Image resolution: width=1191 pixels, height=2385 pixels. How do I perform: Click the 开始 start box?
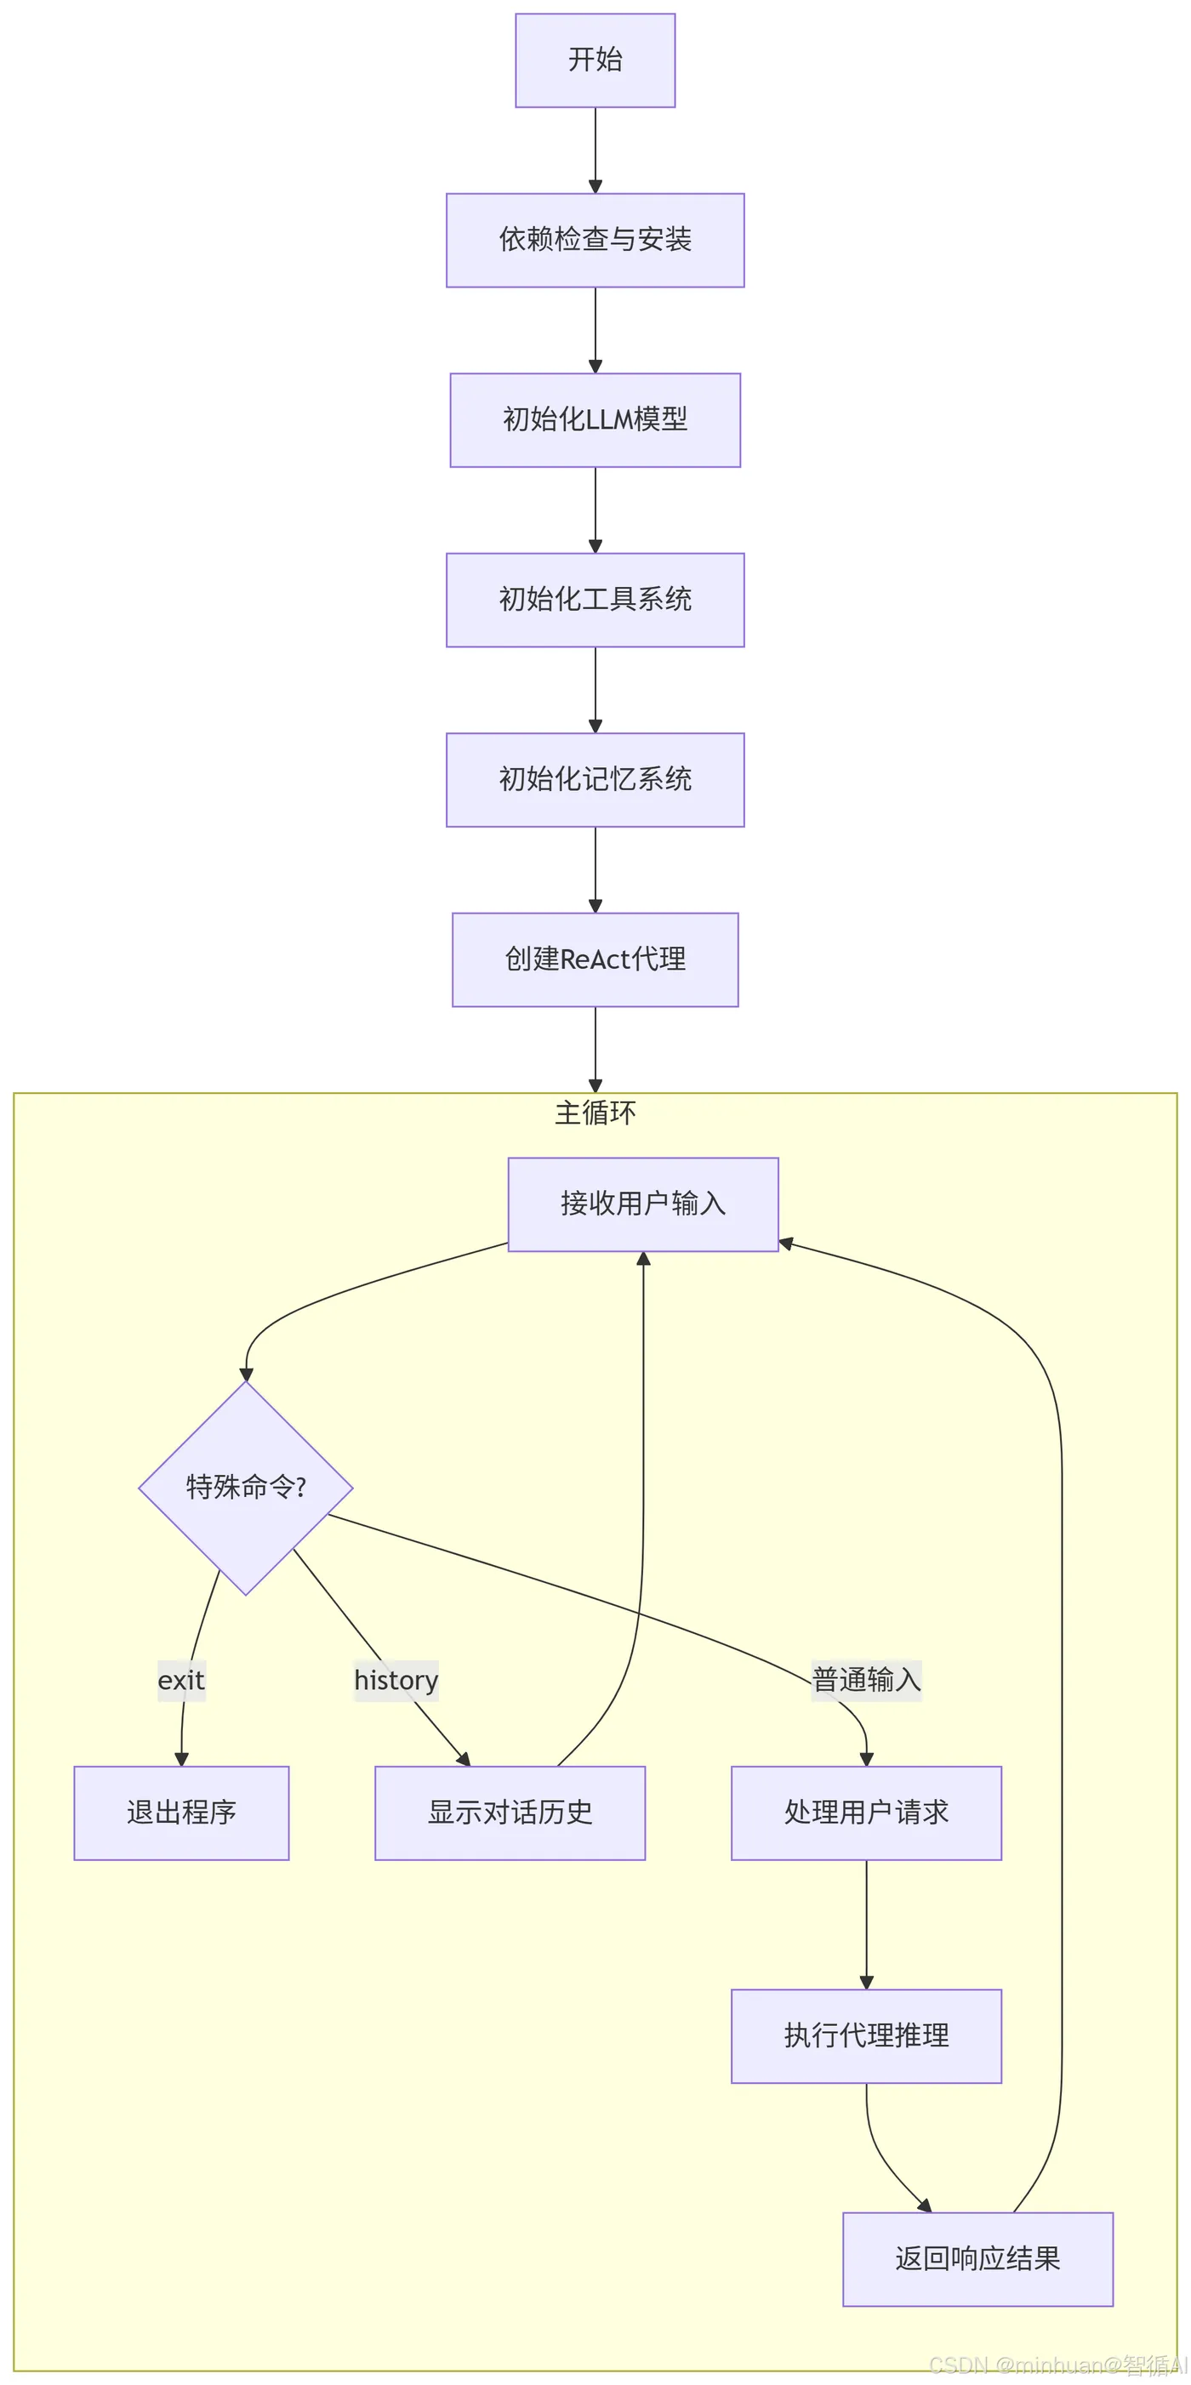coord(595,60)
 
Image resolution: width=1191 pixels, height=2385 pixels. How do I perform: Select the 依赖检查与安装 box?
coord(595,240)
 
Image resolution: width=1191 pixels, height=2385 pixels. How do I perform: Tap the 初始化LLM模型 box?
coord(595,419)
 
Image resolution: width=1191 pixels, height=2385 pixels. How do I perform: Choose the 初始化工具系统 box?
coord(595,600)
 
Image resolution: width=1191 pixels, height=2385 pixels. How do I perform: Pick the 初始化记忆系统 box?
coord(595,780)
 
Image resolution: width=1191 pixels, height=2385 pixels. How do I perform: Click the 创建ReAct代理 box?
coord(595,959)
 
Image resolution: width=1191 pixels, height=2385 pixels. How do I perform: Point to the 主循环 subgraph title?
coord(595,1112)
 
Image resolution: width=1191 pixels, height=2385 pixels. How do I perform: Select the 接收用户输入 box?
coord(643,1204)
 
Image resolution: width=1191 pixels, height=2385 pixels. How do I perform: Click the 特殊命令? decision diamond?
coord(245,1488)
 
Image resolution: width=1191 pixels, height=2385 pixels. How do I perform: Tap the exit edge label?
coord(180,1680)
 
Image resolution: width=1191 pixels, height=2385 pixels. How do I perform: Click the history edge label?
coord(396,1680)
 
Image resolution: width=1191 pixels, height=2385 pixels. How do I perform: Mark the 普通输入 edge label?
coord(866,1680)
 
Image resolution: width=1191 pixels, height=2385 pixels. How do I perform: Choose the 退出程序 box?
coord(181,1813)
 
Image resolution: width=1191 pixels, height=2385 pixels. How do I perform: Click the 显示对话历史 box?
coord(510,1813)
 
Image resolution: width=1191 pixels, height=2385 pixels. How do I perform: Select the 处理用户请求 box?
coord(866,1813)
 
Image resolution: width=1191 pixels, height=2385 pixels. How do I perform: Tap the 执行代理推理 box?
coord(866,2036)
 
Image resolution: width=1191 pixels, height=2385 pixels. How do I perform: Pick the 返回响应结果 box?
coord(978,2259)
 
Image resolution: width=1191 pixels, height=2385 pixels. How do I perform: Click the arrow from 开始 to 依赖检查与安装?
coord(595,150)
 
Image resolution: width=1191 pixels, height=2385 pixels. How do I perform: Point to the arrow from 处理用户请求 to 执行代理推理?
coord(866,1925)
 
